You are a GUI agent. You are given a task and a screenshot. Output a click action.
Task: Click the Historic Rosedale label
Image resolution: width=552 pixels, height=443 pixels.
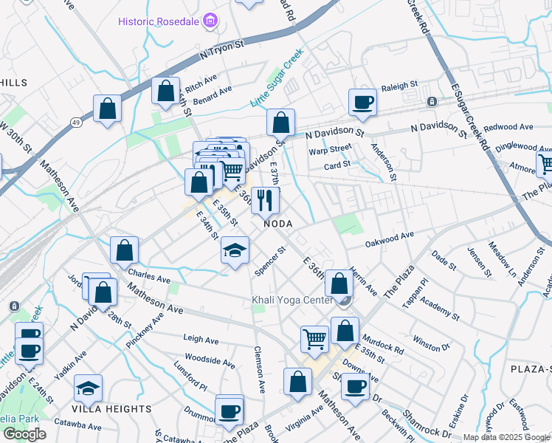point(159,20)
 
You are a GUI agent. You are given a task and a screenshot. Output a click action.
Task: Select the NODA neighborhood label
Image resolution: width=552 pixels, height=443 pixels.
point(278,223)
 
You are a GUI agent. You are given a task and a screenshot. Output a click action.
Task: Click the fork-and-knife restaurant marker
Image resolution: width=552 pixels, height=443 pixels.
point(265,199)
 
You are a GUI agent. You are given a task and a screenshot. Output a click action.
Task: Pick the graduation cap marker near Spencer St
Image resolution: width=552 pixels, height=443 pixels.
point(235,252)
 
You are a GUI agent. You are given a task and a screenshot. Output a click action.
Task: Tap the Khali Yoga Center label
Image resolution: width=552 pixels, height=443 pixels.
point(294,301)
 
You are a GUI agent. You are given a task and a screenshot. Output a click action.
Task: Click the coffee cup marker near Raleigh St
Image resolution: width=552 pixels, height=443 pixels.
point(363,102)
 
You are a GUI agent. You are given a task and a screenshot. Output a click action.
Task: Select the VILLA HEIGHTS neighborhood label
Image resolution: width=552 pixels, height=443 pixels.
point(111,408)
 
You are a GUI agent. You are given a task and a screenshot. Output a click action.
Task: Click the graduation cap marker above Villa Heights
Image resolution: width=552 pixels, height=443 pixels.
point(89,387)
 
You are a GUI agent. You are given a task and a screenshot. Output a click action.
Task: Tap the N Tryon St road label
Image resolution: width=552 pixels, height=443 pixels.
point(221,51)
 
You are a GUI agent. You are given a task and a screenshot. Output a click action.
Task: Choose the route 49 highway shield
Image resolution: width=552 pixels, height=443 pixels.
point(76,121)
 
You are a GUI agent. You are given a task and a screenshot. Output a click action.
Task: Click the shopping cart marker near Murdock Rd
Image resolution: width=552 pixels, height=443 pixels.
point(314,339)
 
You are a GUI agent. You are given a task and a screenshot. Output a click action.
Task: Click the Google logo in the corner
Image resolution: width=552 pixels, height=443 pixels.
point(24,434)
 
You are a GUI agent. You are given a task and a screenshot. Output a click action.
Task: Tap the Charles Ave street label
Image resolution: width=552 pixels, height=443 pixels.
point(149,276)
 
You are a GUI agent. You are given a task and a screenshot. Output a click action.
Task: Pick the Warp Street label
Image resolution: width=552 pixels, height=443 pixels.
point(330,151)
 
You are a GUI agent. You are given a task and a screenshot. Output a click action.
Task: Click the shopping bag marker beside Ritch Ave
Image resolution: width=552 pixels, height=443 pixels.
point(166,91)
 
